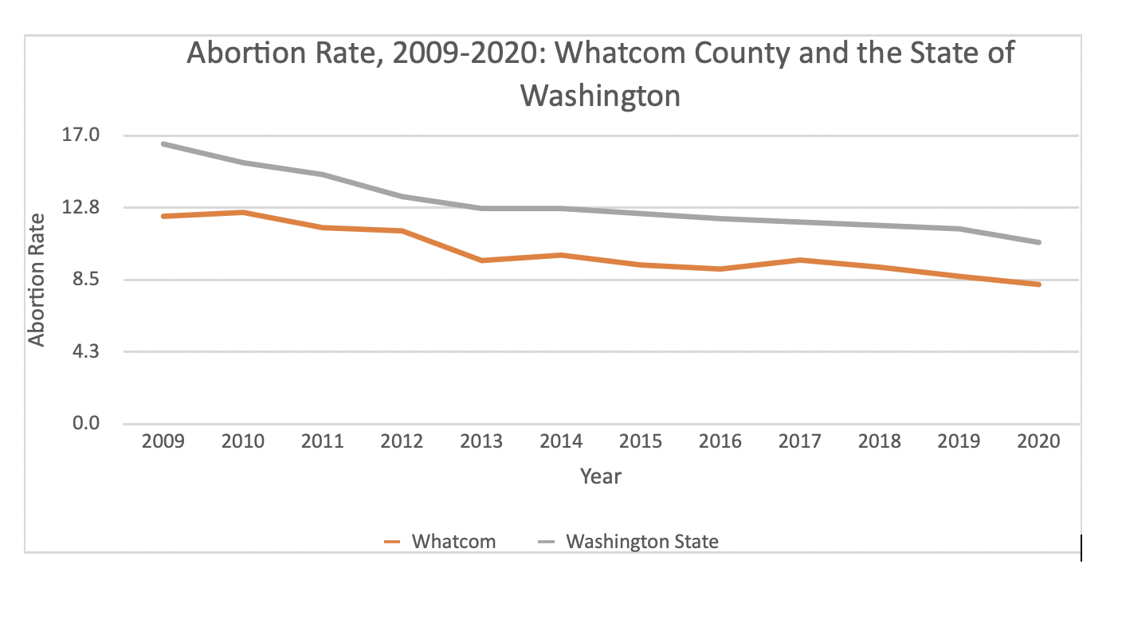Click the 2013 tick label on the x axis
(x=481, y=441)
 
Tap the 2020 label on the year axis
(x=1038, y=441)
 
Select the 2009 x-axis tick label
(x=163, y=441)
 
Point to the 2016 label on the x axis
(x=720, y=441)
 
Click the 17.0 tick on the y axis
(x=81, y=135)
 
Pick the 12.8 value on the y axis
(x=81, y=208)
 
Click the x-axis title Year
(x=601, y=477)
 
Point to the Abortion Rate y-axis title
(x=37, y=280)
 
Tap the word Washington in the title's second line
(x=601, y=96)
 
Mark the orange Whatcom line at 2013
(x=481, y=261)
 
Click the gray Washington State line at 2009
(x=163, y=144)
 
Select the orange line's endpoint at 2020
(x=1038, y=284)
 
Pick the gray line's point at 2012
(x=402, y=197)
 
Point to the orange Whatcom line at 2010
(x=243, y=213)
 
